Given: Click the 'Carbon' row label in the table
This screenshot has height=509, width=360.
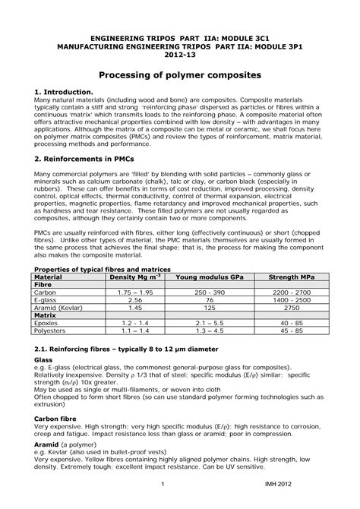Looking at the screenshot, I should [46, 292].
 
